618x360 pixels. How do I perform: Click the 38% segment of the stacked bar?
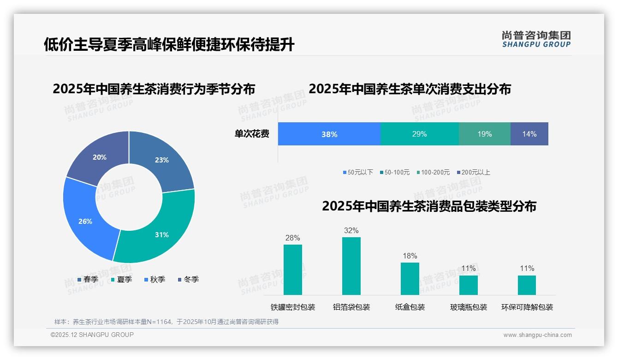pos(329,134)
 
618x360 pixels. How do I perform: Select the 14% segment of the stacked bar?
pos(529,134)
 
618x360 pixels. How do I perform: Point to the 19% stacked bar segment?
pos(484,134)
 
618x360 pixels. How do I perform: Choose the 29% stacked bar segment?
pos(419,134)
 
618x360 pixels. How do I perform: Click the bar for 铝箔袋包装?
pos(351,266)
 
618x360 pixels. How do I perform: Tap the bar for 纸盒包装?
pos(410,279)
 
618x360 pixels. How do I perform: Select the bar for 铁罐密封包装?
pos(292,270)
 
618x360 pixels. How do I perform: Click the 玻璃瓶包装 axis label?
pos(469,307)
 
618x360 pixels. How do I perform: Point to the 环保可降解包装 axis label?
pos(527,307)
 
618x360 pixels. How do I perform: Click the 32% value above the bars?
pos(351,230)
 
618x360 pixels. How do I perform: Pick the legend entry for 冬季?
pos(188,279)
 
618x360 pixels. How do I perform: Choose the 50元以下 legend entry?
pos(358,172)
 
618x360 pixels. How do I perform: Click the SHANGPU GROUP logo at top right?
pos(536,39)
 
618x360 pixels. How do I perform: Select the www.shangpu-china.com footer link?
pos(537,335)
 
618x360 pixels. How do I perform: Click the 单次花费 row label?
pos(252,134)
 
